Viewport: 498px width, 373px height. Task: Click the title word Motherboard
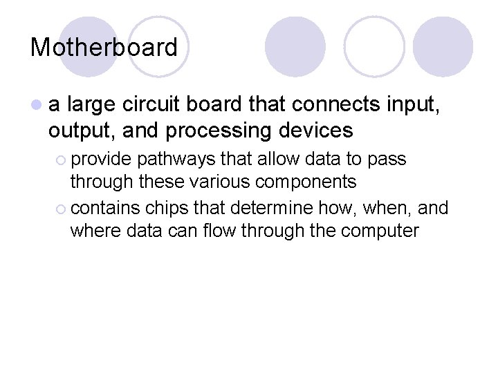click(104, 48)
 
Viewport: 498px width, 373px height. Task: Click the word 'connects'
click(329, 105)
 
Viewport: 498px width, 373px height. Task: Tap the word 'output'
click(80, 130)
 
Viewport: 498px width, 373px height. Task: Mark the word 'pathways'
click(176, 160)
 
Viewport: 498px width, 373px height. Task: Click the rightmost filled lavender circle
click(443, 46)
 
